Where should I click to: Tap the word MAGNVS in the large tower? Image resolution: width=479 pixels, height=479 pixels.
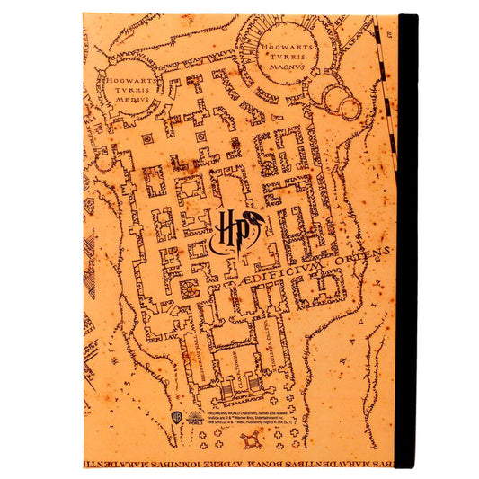(x=288, y=65)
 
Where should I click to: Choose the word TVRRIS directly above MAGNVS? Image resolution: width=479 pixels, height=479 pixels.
(x=288, y=53)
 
